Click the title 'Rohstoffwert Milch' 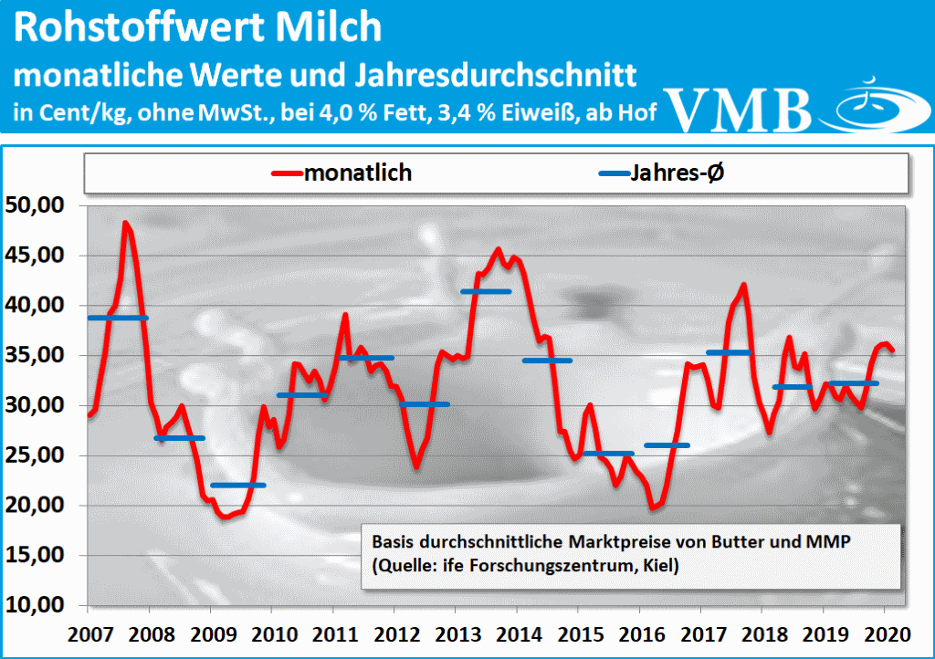pyautogui.click(x=198, y=27)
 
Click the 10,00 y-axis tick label pyautogui.click(x=37, y=604)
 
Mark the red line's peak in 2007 pyautogui.click(x=126, y=223)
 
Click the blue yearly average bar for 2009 pyautogui.click(x=237, y=485)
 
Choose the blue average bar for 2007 pyautogui.click(x=118, y=318)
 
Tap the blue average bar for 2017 pyautogui.click(x=730, y=352)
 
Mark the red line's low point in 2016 pyautogui.click(x=653, y=507)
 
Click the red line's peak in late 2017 pyautogui.click(x=744, y=285)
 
